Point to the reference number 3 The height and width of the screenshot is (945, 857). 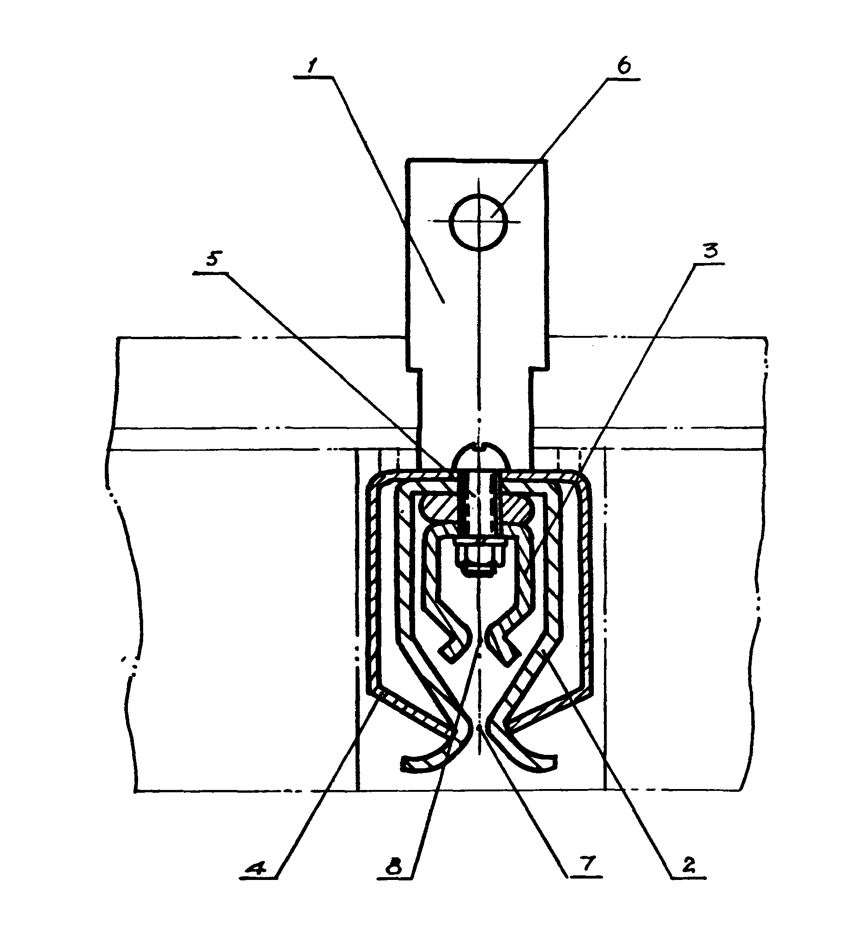(x=711, y=251)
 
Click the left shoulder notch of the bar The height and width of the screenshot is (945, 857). (x=412, y=369)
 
